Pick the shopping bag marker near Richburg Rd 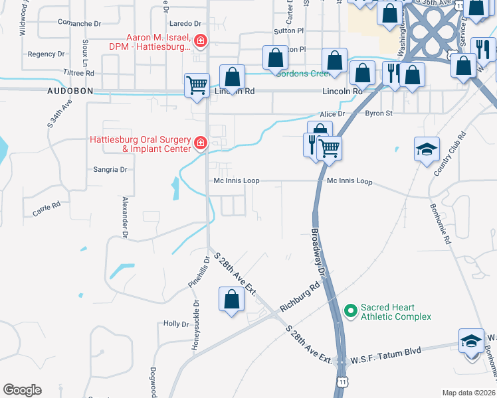coord(231,298)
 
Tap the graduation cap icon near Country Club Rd coord(427,149)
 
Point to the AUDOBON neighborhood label coord(68,90)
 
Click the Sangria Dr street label coord(110,170)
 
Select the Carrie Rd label coord(47,209)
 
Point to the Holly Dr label coord(176,324)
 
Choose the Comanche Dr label coord(79,23)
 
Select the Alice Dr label coord(332,114)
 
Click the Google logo coord(23,390)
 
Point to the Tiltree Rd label coord(79,73)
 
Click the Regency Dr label coord(46,54)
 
